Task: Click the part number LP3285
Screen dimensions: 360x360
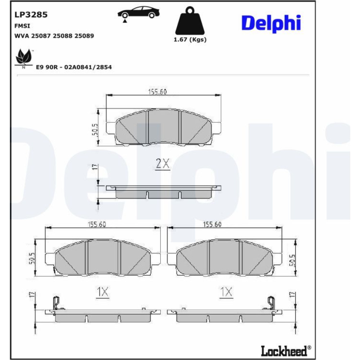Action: click(31, 15)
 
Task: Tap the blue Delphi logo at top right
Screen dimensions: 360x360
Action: click(271, 23)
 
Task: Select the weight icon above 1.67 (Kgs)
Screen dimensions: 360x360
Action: click(190, 21)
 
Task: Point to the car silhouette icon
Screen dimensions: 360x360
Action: click(139, 13)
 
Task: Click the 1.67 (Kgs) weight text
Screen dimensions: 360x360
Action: click(190, 40)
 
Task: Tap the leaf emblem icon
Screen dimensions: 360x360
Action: click(23, 58)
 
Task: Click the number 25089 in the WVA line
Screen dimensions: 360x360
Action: click(84, 36)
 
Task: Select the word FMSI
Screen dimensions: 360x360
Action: click(22, 26)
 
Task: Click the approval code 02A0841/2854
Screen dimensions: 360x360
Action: click(88, 67)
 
